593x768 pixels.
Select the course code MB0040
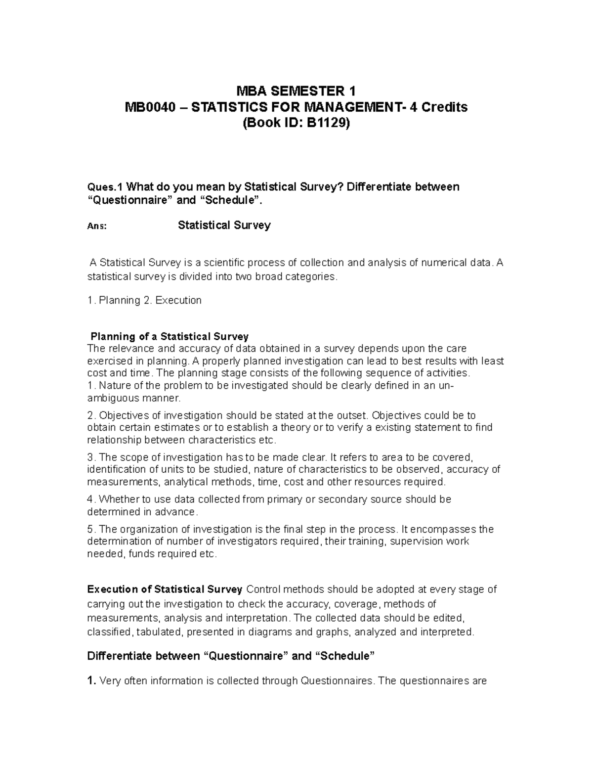pyautogui.click(x=151, y=107)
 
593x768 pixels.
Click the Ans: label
pyautogui.click(x=97, y=226)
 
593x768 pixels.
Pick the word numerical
pyautogui.click(x=443, y=262)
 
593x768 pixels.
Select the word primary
pyautogui.click(x=285, y=499)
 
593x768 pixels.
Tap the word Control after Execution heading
pyautogui.click(x=263, y=589)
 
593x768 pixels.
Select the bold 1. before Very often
pyautogui.click(x=91, y=681)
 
